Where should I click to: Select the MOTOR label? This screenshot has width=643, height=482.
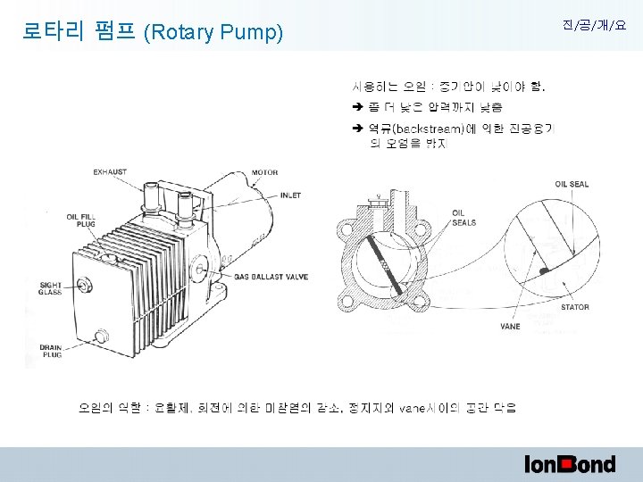click(x=264, y=172)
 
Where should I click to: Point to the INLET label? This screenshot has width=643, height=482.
click(x=290, y=195)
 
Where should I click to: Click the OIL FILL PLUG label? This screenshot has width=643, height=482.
click(x=79, y=220)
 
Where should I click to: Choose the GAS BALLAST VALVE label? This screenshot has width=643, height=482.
click(x=271, y=277)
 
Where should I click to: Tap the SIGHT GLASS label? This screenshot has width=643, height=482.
click(x=50, y=289)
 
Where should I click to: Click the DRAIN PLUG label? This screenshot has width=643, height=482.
click(x=50, y=350)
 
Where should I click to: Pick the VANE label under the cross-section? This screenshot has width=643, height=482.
click(x=511, y=327)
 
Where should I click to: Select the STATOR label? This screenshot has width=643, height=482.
click(x=575, y=307)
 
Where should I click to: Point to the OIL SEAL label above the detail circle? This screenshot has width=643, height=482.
click(x=572, y=184)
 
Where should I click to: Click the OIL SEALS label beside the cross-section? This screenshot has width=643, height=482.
click(x=464, y=218)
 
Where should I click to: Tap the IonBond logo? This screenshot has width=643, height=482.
click(x=570, y=463)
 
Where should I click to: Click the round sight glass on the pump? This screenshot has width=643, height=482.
click(x=86, y=286)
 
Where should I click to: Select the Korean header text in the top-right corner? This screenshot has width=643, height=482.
click(x=594, y=26)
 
